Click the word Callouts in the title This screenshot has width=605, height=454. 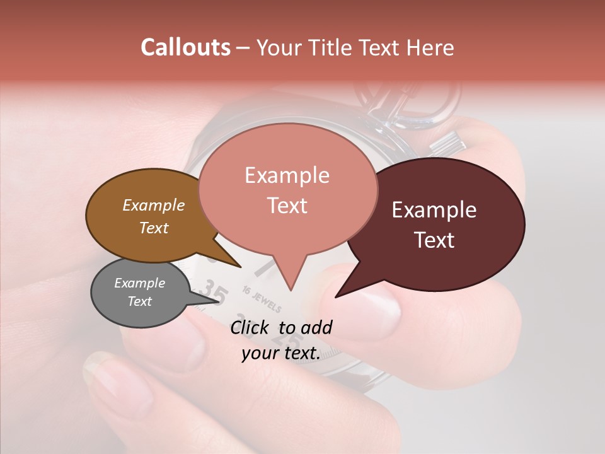[x=185, y=47]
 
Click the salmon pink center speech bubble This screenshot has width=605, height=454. [x=287, y=189]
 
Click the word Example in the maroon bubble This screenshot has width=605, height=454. [x=434, y=210]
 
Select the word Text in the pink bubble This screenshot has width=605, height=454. [x=287, y=206]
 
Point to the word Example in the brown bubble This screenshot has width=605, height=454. [x=154, y=205]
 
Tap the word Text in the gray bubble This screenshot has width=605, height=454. [x=140, y=301]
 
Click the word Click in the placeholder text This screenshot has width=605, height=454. [x=250, y=327]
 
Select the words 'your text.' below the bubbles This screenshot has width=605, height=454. [x=281, y=353]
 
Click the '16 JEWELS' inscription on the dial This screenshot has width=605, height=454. [x=261, y=299]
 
